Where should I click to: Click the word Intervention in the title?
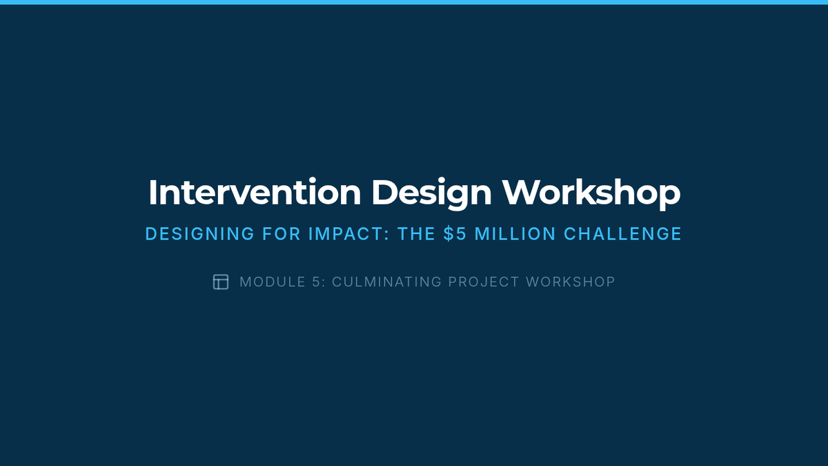[255, 192]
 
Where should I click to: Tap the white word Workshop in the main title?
[591, 193]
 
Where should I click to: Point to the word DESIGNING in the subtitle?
[200, 234]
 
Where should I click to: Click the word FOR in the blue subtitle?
[282, 234]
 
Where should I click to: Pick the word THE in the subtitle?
[416, 234]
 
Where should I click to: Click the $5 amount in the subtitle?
[455, 234]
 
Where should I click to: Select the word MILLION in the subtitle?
[515, 234]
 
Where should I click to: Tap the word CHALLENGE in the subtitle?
[622, 234]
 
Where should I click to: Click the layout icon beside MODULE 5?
[221, 282]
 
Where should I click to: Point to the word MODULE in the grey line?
[272, 282]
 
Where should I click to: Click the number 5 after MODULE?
[316, 282]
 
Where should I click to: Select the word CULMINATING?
[386, 282]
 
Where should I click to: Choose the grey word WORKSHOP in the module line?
[571, 282]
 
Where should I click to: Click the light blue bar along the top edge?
[414, 2]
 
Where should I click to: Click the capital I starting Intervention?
[152, 192]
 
